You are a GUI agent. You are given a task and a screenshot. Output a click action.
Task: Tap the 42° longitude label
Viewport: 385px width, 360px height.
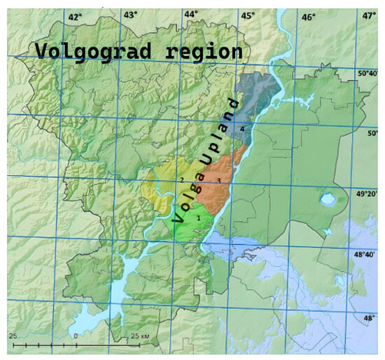pos(75,15)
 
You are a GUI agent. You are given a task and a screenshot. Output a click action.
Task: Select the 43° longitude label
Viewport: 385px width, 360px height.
pos(131,15)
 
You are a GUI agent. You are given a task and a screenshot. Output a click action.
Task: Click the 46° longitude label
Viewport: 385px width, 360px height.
pos(308,15)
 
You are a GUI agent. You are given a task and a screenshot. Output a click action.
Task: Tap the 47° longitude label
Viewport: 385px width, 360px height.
pos(369,15)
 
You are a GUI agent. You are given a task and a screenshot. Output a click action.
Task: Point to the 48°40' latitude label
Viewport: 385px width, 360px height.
pos(367,255)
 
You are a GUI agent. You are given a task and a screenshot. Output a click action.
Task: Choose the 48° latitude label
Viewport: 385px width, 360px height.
pos(368,318)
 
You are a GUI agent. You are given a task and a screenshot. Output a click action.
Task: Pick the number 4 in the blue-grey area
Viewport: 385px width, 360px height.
pos(242,130)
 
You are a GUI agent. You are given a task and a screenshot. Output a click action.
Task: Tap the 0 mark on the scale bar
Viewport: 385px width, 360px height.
pos(76,336)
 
